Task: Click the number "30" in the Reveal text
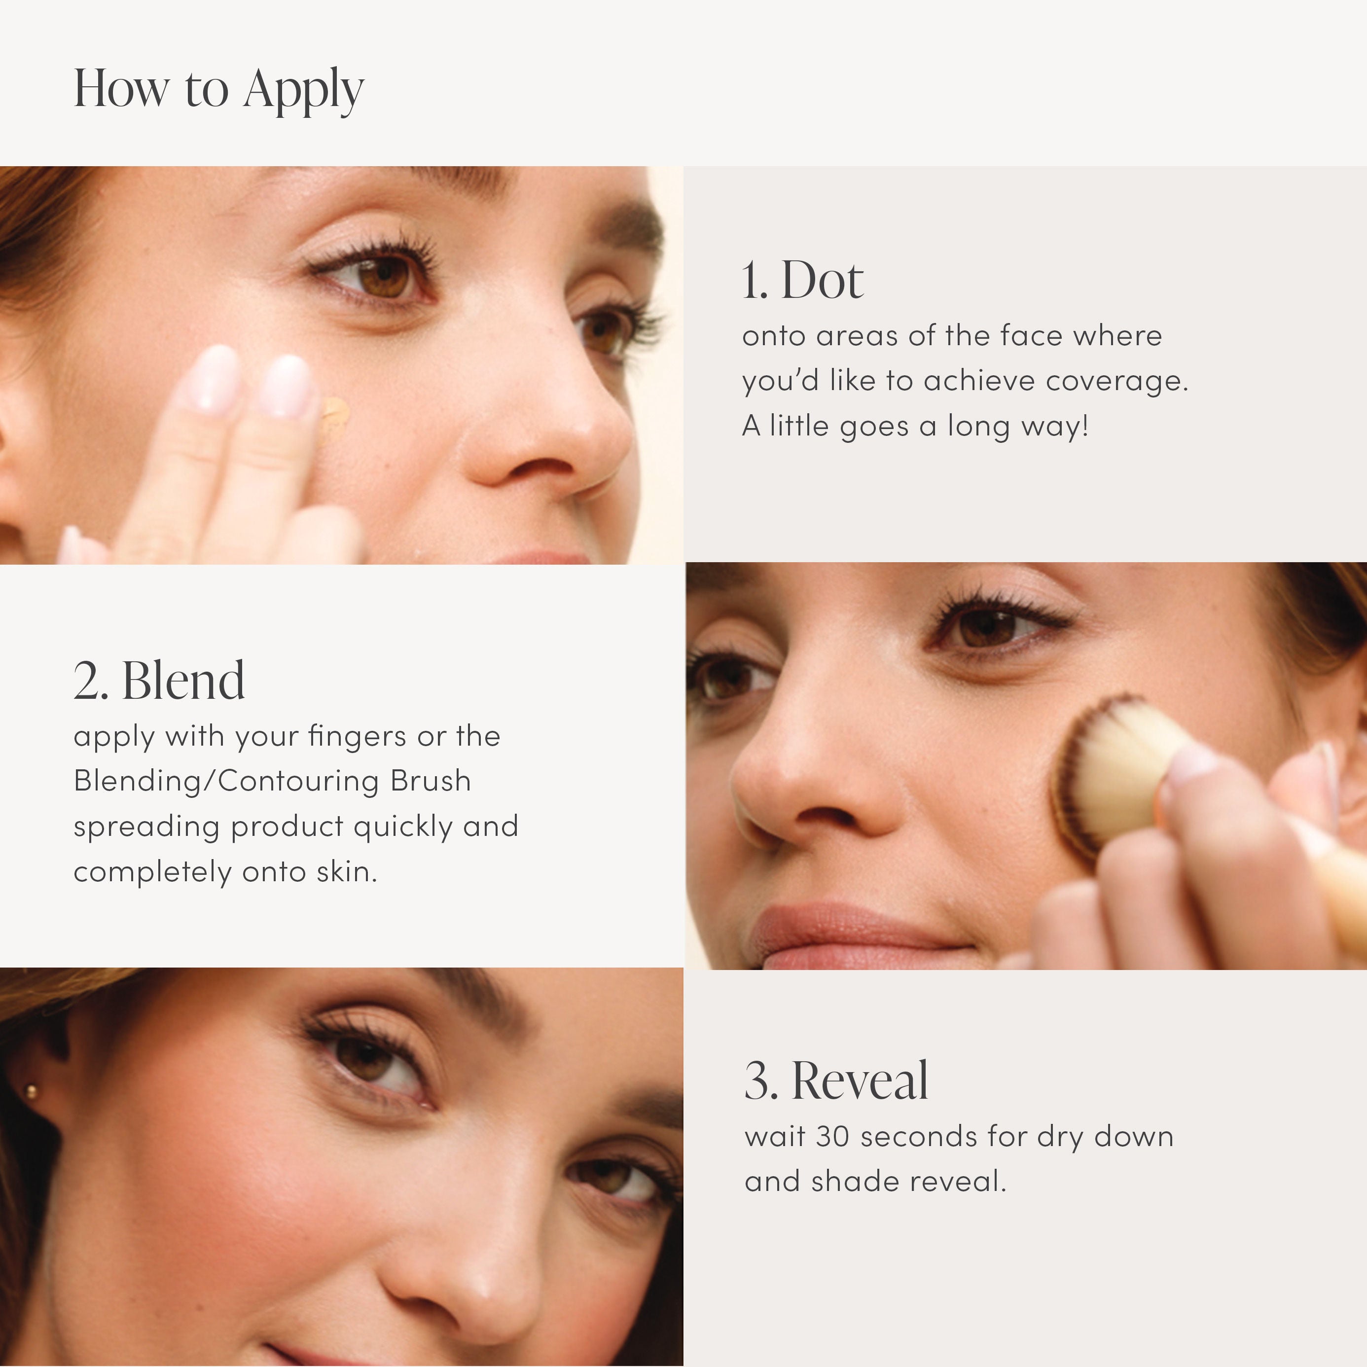(833, 1136)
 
